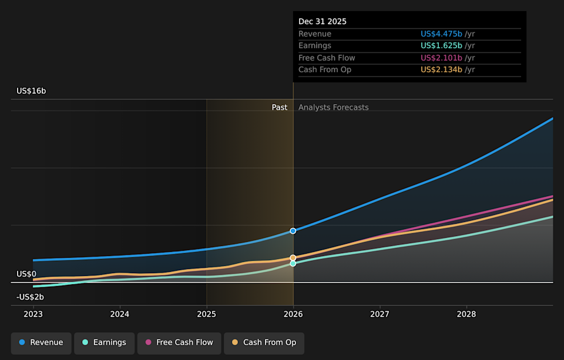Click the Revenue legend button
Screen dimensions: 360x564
[41, 342]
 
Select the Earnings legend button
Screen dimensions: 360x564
[104, 342]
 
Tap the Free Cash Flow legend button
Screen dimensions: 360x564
[179, 342]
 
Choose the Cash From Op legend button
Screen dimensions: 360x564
[264, 342]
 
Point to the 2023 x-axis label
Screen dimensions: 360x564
[33, 314]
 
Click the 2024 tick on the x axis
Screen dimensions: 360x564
[120, 314]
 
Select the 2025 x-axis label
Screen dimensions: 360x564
[207, 314]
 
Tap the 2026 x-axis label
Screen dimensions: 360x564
[293, 314]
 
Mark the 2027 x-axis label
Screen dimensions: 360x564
[380, 314]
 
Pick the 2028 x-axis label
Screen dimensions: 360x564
[466, 314]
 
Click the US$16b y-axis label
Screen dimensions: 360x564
[31, 91]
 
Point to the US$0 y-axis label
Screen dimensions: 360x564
[26, 274]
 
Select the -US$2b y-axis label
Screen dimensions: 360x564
[30, 297]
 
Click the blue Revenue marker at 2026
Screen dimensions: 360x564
[293, 231]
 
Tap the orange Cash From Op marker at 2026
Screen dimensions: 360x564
[293, 258]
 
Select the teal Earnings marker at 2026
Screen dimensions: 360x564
[293, 264]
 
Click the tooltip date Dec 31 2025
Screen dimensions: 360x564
[323, 22]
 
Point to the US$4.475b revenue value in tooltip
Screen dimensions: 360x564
[441, 34]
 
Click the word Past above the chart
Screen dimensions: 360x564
[280, 107]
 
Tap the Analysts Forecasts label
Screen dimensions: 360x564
[334, 107]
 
